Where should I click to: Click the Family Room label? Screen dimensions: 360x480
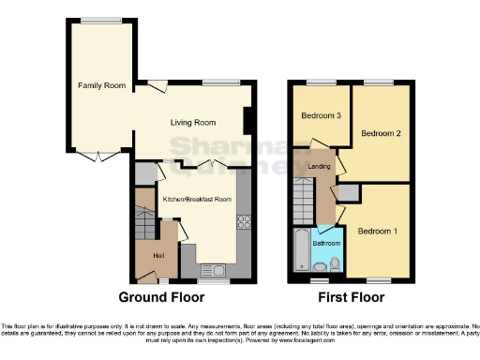tap(102, 85)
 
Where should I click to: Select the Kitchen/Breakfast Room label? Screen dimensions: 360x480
tap(197, 200)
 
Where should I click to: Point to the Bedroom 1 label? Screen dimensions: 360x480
tap(377, 231)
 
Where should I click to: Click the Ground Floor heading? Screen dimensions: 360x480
tap(160, 297)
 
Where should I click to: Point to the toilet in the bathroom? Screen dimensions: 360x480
tap(322, 266)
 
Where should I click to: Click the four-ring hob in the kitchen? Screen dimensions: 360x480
tap(244, 222)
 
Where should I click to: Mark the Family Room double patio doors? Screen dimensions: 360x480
tap(90, 156)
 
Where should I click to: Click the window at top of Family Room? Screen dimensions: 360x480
tap(101, 20)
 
